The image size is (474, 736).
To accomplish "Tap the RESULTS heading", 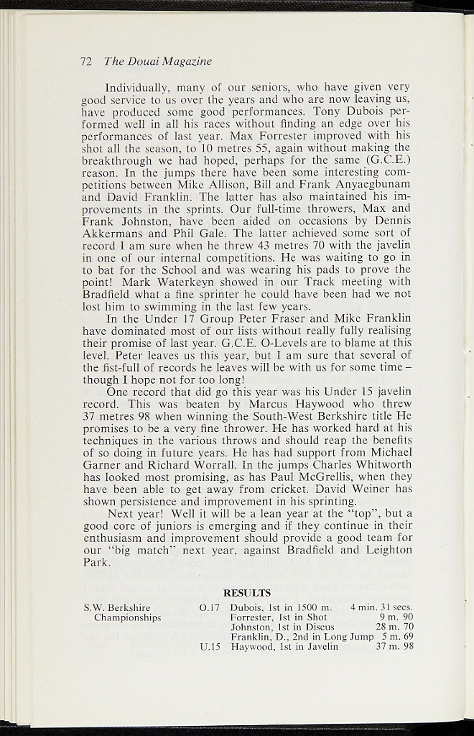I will coord(247,593).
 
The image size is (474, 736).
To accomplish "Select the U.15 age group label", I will coord(209,647).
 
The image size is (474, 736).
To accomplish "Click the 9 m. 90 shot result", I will coord(396,617).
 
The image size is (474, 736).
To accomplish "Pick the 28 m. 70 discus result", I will coord(395,627).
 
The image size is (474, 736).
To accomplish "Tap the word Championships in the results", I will coord(127,617).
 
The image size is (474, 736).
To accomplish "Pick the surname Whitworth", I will coord(381,464).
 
